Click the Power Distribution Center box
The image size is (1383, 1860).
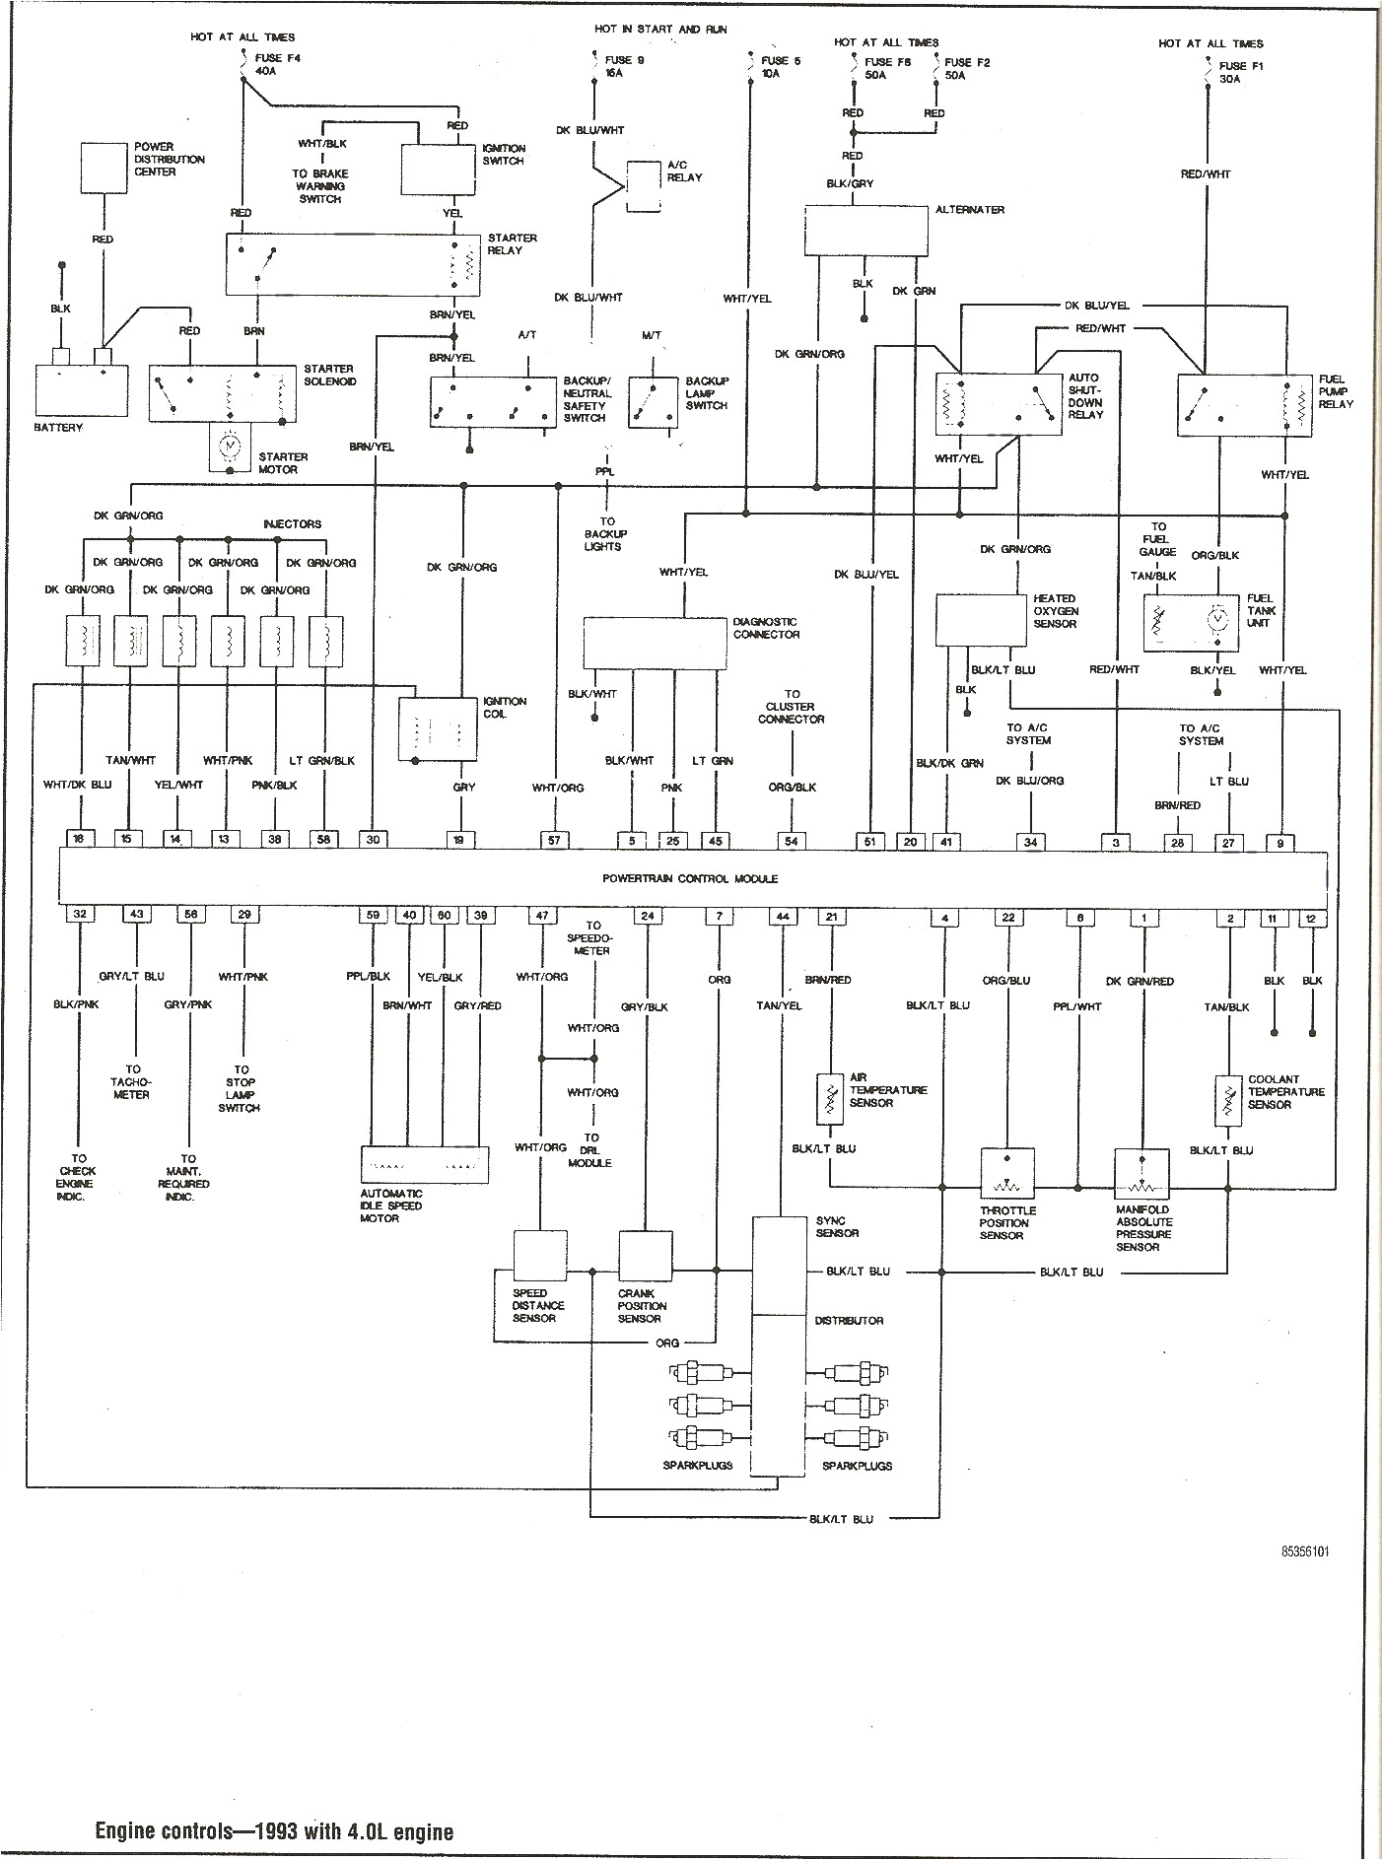103,167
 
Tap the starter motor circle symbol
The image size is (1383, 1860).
230,448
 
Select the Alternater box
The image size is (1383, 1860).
865,231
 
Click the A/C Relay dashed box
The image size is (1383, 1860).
645,184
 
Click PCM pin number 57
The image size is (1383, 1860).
555,840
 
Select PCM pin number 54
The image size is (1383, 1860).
791,840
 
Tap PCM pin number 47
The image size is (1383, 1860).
541,916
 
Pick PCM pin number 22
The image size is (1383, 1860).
1007,917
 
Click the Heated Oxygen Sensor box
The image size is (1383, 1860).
981,620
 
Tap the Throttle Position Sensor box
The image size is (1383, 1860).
1006,1172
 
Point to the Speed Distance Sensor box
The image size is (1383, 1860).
540,1256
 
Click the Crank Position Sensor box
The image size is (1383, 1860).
645,1256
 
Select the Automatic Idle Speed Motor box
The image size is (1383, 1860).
426,1164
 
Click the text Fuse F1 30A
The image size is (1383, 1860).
1239,73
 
